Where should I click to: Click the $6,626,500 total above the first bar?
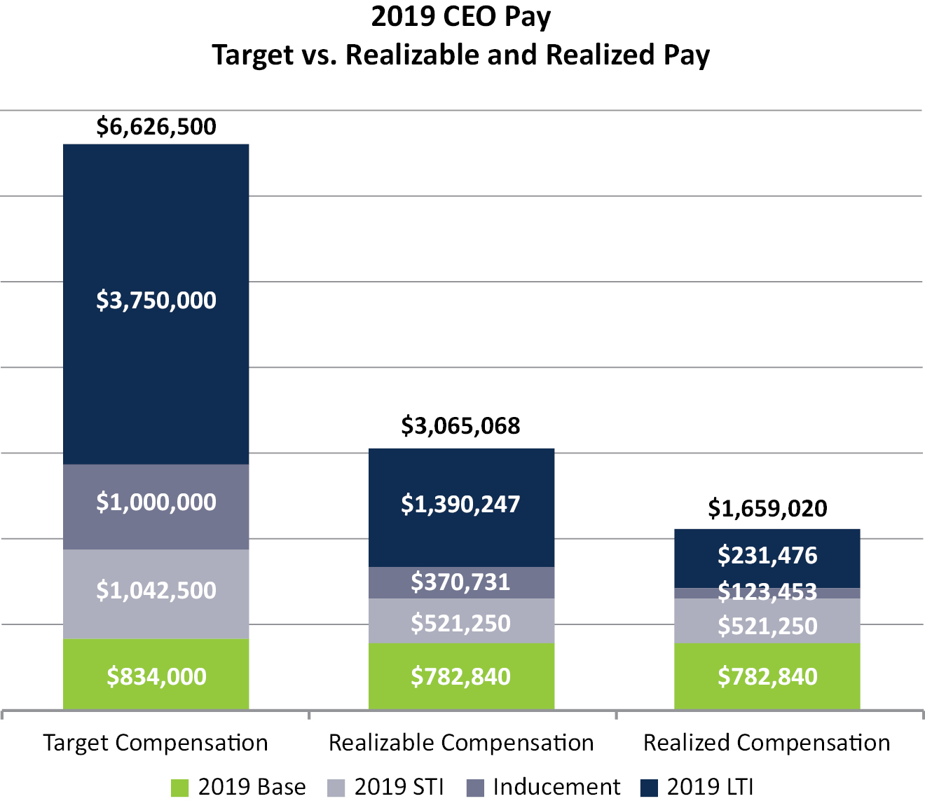coord(156,127)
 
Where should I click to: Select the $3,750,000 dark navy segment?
coord(156,301)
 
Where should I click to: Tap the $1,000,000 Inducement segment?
coord(156,502)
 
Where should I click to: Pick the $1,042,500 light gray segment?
coord(156,591)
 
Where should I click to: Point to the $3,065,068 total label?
coord(460,426)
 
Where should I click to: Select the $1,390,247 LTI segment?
coord(460,505)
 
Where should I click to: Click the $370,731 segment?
coord(460,582)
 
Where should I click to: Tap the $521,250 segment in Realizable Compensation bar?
coord(460,623)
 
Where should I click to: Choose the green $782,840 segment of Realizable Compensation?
coord(460,676)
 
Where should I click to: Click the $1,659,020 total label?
coord(767,508)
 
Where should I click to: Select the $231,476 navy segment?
coord(767,556)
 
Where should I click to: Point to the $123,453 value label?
coord(767,593)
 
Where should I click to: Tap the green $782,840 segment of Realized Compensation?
coord(767,676)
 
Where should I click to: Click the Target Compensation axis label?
coord(156,743)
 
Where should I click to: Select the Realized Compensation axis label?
coord(767,743)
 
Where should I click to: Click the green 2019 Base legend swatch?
coord(180,788)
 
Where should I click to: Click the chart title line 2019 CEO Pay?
coord(461,17)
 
